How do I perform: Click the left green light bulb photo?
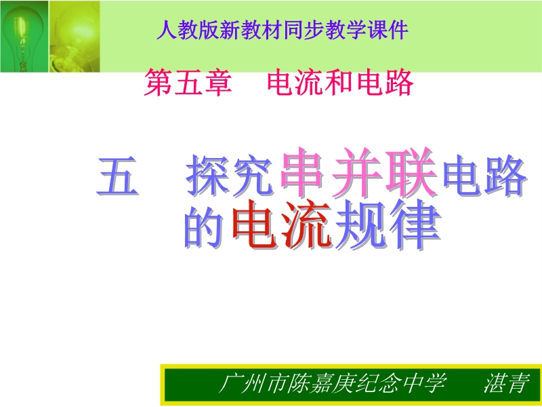24,37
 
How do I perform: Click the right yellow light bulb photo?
75,37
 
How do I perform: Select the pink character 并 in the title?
356,172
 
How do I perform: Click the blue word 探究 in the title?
230,176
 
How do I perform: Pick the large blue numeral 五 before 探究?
117,176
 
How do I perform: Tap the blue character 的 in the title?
204,227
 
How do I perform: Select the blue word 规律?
388,225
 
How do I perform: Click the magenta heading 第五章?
188,82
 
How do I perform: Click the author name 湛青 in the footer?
507,383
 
